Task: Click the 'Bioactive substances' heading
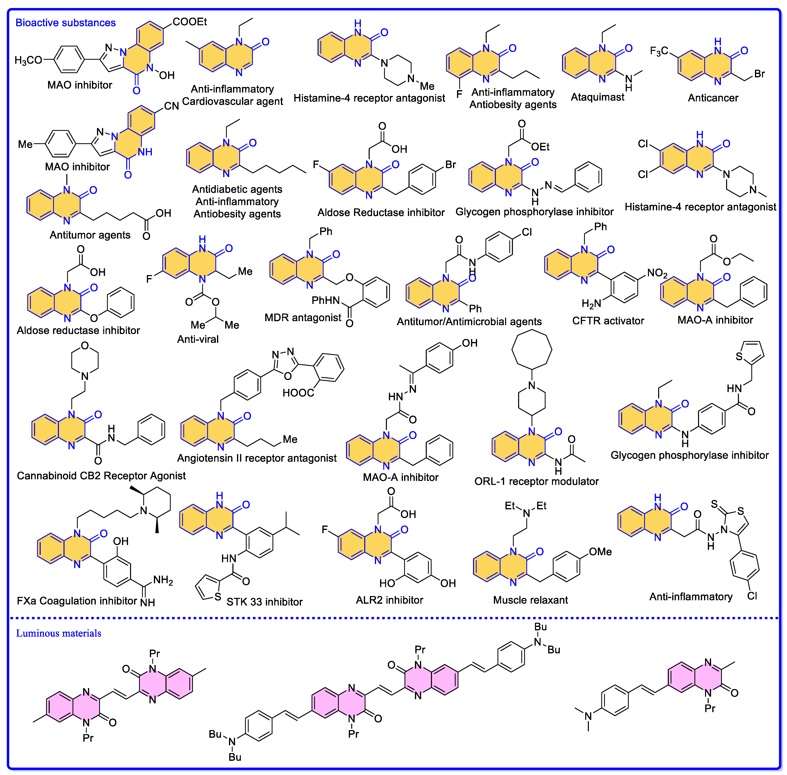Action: [66, 23]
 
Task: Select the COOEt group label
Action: [190, 22]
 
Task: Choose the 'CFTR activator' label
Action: [608, 321]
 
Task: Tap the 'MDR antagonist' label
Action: [303, 318]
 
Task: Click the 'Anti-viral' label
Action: [198, 339]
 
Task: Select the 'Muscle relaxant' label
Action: [530, 600]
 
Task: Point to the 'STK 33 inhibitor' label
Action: [264, 602]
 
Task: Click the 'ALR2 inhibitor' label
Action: [389, 600]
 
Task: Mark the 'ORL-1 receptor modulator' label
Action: [536, 481]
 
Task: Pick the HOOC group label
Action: [298, 393]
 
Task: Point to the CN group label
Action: [171, 106]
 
